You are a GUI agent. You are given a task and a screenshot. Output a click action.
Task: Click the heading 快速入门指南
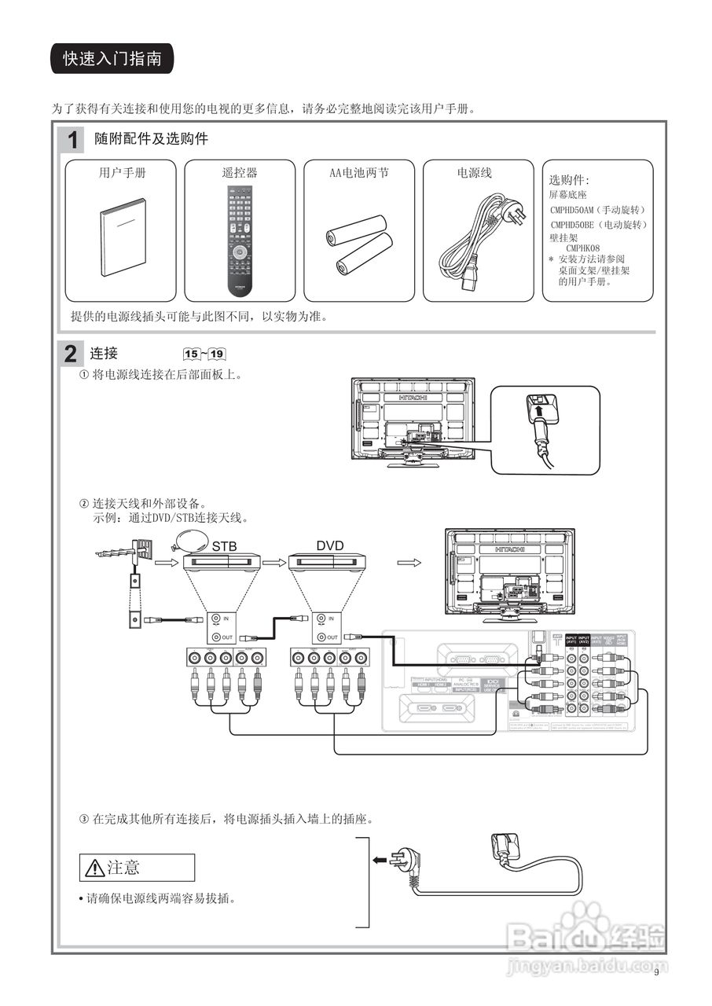click(x=112, y=60)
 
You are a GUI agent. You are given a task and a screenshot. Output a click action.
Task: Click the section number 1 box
click(x=72, y=141)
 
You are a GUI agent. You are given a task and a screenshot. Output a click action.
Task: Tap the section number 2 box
click(x=71, y=354)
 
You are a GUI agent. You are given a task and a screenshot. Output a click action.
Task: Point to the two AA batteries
click(x=359, y=245)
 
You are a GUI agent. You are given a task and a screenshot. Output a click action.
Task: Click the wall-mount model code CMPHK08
click(x=582, y=248)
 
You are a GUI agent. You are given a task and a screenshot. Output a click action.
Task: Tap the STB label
click(x=224, y=545)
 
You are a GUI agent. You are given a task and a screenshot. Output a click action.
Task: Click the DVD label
click(x=330, y=545)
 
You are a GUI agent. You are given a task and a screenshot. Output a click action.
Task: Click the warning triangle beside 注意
click(x=95, y=868)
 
